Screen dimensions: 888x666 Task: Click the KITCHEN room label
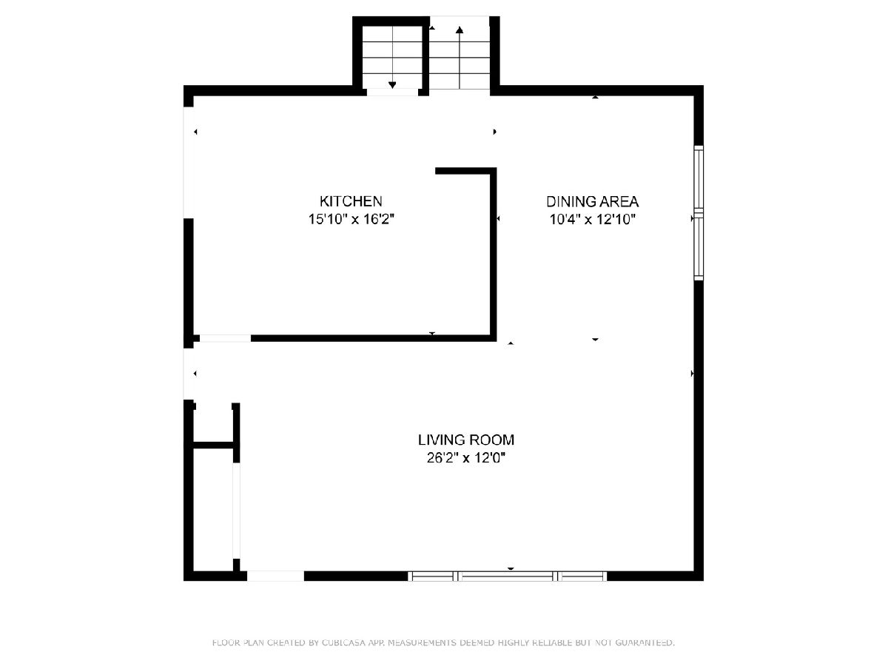coord(351,201)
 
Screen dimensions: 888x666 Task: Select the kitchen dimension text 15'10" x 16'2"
coord(351,219)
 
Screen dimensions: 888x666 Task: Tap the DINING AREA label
coord(592,201)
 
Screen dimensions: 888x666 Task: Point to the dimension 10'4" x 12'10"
coord(592,219)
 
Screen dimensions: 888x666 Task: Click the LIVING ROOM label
coord(466,440)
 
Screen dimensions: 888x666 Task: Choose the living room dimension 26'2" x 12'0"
coord(466,458)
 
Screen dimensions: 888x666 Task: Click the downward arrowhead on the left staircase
coord(392,85)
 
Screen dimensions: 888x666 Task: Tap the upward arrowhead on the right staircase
coord(460,30)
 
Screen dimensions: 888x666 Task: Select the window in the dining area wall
coord(699,212)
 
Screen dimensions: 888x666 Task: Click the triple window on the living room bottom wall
coord(508,576)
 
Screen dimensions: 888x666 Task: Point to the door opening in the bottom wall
coord(275,576)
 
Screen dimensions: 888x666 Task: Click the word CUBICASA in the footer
coord(343,642)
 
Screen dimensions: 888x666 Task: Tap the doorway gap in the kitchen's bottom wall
coord(226,338)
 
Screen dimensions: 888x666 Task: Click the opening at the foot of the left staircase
coord(392,92)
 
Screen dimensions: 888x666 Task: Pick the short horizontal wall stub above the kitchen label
coord(465,171)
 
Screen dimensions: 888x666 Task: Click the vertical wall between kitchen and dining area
coord(493,255)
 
